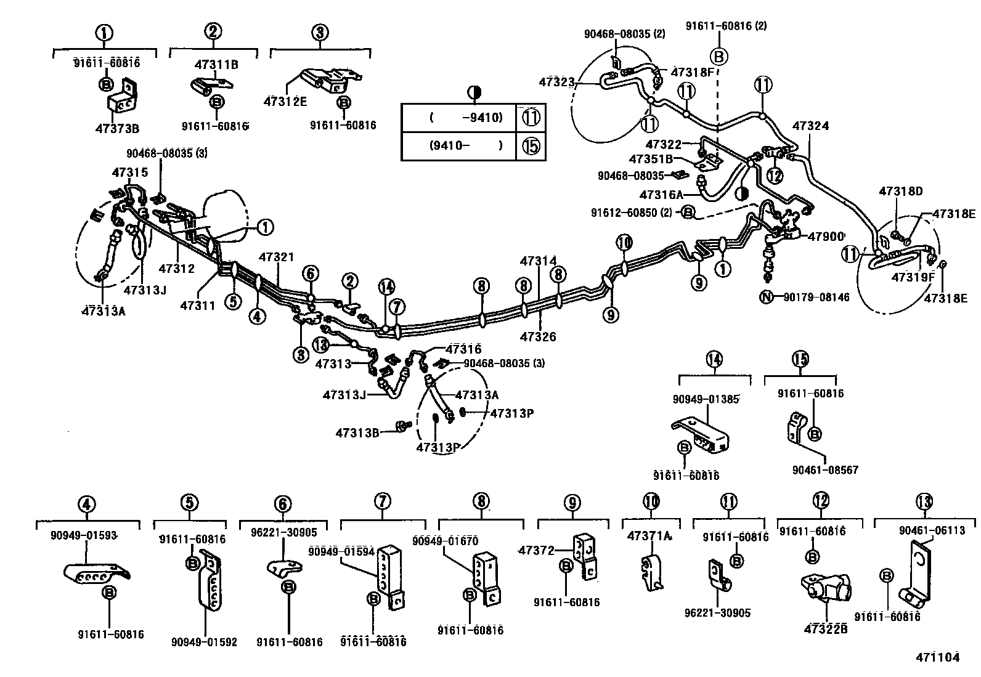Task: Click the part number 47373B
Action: [117, 129]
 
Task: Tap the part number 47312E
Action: [285, 102]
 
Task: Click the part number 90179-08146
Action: [816, 298]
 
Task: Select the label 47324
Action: [810, 126]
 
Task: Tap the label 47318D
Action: [900, 192]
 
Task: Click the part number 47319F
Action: [913, 277]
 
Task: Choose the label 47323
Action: [556, 81]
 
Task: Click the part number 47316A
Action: [661, 195]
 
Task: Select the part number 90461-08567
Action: [825, 470]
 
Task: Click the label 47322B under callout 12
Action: [825, 629]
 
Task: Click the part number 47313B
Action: [357, 432]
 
